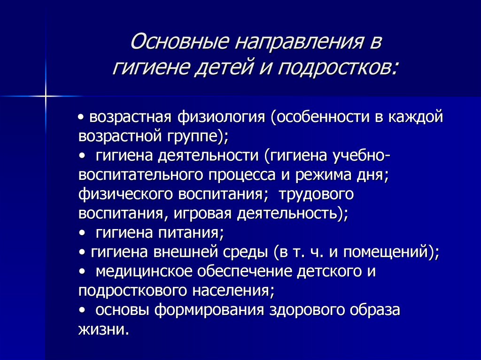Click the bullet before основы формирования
point(83,310)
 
